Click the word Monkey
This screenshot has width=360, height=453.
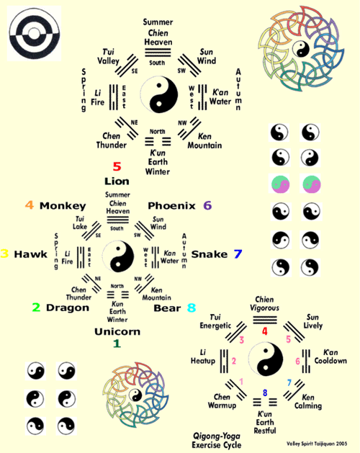coord(62,206)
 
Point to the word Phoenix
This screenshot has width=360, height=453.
coord(172,206)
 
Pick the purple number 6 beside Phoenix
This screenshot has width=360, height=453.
coord(208,205)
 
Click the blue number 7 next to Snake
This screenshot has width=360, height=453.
coord(238,254)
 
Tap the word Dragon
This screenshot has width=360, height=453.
coord(68,308)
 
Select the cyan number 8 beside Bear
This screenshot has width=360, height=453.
coord(191,308)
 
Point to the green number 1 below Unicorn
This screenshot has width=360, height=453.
coord(117,344)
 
